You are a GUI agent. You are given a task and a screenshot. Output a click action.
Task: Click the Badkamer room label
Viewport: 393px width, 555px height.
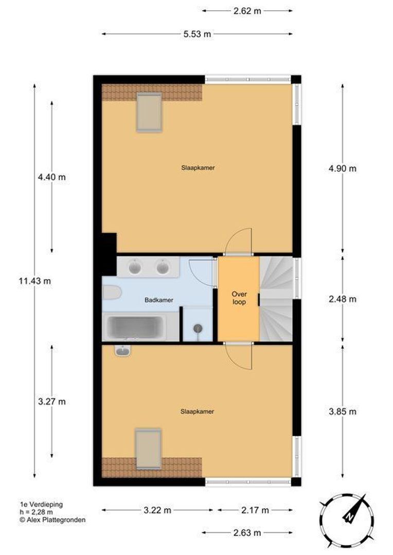pos(159,300)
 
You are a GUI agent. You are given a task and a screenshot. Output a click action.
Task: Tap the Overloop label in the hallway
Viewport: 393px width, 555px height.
pos(239,298)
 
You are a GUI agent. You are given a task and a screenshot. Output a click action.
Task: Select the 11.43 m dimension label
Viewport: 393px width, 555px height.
pos(35,281)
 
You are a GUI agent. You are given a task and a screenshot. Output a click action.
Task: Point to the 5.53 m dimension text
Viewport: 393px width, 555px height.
pos(197,34)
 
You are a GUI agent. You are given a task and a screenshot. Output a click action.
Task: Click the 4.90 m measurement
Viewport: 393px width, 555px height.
pos(342,169)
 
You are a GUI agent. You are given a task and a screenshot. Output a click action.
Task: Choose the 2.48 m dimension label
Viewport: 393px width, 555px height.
pos(342,299)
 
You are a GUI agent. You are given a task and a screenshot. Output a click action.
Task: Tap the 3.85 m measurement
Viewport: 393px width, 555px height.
pos(342,411)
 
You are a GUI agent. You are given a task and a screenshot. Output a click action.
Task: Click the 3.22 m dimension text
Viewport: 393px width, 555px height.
pos(157,510)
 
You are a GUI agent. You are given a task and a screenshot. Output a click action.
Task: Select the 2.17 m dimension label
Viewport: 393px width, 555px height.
pos(255,510)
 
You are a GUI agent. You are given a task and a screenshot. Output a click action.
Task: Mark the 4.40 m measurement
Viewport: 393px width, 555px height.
pos(52,177)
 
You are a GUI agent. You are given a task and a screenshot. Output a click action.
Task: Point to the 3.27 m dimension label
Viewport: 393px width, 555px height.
pos(52,401)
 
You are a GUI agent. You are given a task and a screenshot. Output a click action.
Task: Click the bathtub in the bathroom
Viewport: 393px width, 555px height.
pos(135,327)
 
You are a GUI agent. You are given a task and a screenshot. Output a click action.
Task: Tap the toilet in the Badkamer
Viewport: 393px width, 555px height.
pos(112,293)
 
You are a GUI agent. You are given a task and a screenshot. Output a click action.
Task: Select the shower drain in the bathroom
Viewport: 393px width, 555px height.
pos(198,328)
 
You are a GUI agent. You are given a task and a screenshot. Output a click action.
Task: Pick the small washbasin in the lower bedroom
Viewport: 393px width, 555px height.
pos(123,351)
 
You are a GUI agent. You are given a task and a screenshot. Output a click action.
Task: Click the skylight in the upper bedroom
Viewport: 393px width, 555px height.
pos(150,112)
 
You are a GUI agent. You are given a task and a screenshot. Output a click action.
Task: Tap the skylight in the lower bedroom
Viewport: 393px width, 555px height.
pos(149,449)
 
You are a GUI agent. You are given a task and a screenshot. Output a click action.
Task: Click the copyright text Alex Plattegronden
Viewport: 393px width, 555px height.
pos(53,520)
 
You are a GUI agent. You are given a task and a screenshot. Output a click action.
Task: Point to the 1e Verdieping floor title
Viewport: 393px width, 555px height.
pos(42,505)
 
